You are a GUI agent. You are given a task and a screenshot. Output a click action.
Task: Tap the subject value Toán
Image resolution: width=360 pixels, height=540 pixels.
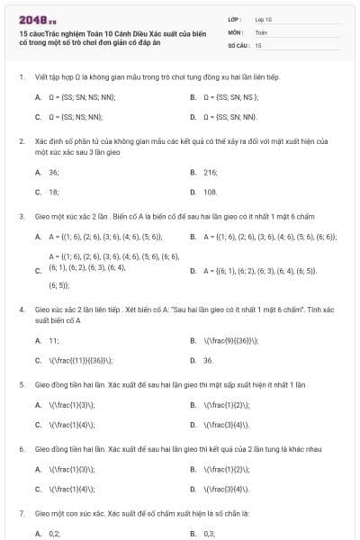(x=261, y=31)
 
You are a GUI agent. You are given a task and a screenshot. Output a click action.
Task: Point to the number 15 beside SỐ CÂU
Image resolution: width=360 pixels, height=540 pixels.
(x=258, y=44)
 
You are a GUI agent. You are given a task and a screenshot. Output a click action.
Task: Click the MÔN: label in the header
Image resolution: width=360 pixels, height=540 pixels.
(x=236, y=31)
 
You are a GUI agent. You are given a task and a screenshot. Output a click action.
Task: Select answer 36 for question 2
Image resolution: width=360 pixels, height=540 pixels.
(x=54, y=172)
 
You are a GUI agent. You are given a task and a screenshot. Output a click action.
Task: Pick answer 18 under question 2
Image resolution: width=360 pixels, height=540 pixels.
(x=54, y=192)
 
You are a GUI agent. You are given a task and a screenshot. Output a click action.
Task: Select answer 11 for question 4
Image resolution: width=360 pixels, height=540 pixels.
(x=54, y=340)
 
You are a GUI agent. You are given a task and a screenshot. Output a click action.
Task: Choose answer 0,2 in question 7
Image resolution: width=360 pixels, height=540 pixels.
(x=54, y=534)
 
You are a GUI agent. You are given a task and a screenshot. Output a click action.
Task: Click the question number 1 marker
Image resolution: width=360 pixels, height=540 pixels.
(x=21, y=76)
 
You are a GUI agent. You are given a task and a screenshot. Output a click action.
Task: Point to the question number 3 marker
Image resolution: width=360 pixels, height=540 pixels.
(x=21, y=216)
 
